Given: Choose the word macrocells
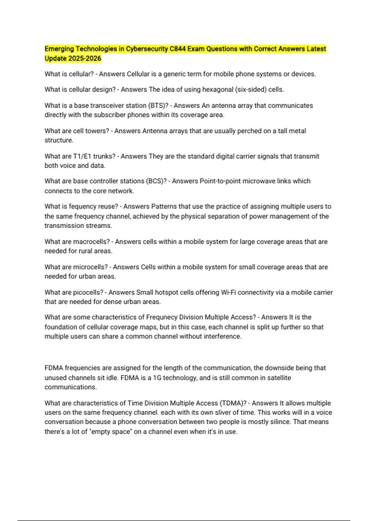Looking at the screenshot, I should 91,242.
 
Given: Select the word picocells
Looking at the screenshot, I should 88,292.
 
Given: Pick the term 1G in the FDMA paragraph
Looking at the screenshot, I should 157,378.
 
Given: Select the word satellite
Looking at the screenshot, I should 276,378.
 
